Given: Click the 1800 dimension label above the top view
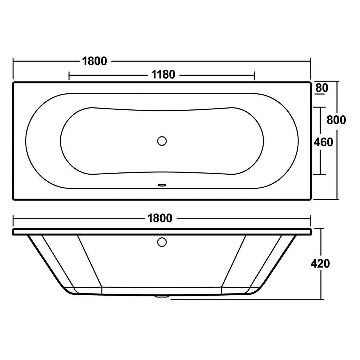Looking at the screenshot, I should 94,61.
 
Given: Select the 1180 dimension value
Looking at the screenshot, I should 163,75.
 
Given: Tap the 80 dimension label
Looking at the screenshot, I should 322,88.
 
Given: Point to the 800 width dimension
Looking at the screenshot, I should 336,120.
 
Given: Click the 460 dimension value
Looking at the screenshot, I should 323,142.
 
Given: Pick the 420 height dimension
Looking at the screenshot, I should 320,264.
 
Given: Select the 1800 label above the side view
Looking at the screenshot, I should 160,218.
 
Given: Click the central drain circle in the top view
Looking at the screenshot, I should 162,141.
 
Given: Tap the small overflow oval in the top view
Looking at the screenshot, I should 162,185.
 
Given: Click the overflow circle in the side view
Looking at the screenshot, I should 162,242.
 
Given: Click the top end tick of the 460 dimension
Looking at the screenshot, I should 320,107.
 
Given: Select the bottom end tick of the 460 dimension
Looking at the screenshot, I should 320,174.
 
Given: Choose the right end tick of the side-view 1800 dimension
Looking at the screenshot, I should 310,218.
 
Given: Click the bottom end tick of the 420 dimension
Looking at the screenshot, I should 321,299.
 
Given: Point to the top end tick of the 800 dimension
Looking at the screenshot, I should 337,81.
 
